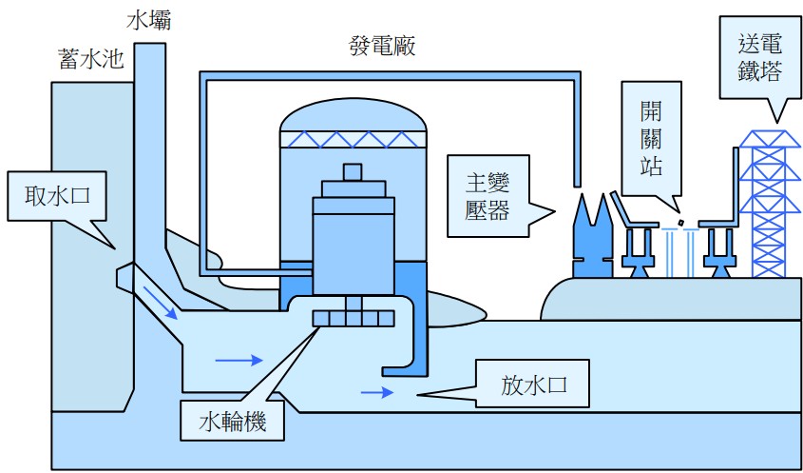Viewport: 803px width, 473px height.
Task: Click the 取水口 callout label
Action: coord(54,197)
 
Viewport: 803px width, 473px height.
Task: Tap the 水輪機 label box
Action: coord(233,420)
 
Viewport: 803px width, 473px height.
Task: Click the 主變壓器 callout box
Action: coord(487,196)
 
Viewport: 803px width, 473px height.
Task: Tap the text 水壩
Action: coord(146,18)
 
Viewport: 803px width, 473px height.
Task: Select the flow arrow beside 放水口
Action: coord(376,391)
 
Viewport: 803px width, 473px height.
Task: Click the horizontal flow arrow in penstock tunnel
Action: coord(238,361)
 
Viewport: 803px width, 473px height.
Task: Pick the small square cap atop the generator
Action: coord(354,171)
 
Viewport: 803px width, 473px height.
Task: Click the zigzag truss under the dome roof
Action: coord(354,139)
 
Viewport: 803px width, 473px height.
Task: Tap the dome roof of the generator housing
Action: coord(354,114)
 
